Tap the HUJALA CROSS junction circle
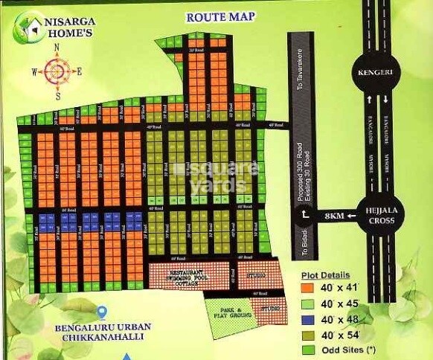pyautogui.click(x=377, y=216)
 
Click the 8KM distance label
pyautogui.click(x=334, y=216)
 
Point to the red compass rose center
pyautogui.click(x=57, y=71)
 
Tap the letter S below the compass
pyautogui.click(x=57, y=95)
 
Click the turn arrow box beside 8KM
pyautogui.click(x=304, y=216)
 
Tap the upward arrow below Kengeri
pyautogui.click(x=368, y=99)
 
